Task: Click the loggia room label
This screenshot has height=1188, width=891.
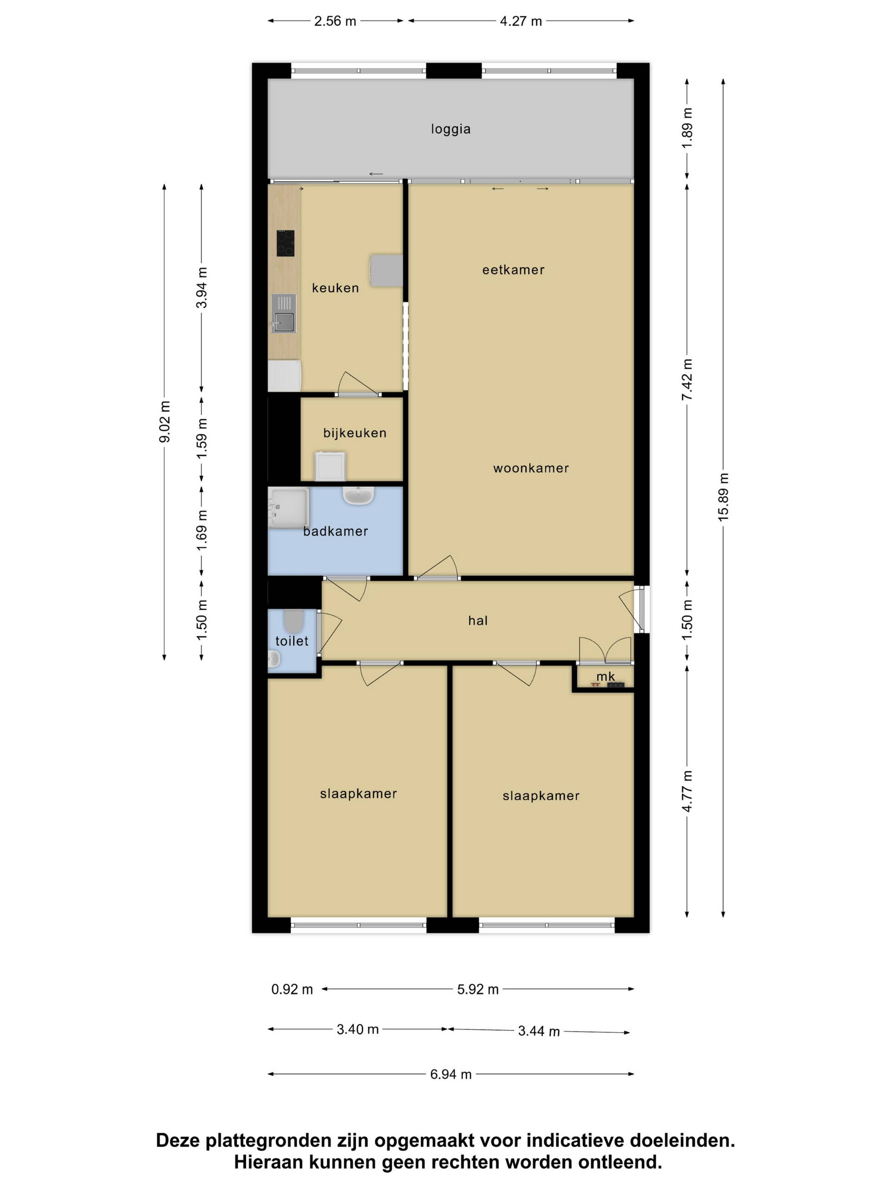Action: pyautogui.click(x=451, y=129)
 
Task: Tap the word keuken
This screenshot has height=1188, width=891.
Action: pyautogui.click(x=335, y=288)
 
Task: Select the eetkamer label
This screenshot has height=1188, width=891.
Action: pyautogui.click(x=513, y=270)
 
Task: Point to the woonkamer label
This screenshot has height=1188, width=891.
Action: pyautogui.click(x=530, y=468)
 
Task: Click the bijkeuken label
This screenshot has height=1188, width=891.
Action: pyautogui.click(x=355, y=433)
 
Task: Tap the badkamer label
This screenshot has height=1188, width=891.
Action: pyautogui.click(x=335, y=531)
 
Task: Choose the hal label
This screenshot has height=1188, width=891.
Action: pyautogui.click(x=478, y=621)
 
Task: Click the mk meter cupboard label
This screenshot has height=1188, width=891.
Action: pyautogui.click(x=605, y=676)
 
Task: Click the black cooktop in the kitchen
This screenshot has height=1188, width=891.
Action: pyautogui.click(x=285, y=243)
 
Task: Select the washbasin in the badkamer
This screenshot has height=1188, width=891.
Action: pyautogui.click(x=358, y=496)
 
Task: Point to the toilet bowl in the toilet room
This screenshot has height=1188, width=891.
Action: pyautogui.click(x=293, y=621)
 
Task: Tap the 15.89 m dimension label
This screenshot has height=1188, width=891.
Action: pyautogui.click(x=723, y=497)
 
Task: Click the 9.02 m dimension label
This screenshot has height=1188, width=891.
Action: pyautogui.click(x=164, y=421)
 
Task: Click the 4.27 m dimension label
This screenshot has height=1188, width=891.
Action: pyautogui.click(x=520, y=21)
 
